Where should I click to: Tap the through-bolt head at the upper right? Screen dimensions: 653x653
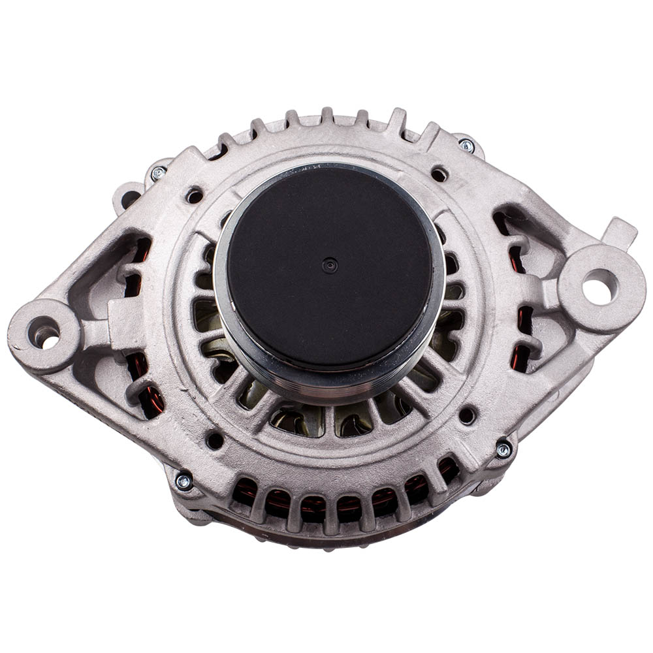point(466,146)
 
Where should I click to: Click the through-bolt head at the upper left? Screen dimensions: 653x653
point(158,174)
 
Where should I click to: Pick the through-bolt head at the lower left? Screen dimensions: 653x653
point(183,482)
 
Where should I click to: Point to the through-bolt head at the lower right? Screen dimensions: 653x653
point(503,449)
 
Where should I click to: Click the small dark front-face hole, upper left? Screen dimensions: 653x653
point(194,195)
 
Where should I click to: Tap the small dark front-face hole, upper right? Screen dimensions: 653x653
point(439,174)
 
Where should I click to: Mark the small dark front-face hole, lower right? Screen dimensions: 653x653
point(467,415)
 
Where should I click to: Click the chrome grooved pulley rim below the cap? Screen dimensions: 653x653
point(330,385)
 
